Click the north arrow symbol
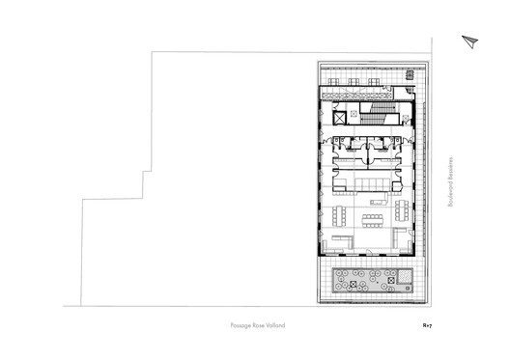coord(470,40)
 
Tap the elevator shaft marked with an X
coord(339,118)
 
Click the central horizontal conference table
coord(373,218)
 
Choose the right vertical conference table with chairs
coord(401,210)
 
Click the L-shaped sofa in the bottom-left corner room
coord(340,241)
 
